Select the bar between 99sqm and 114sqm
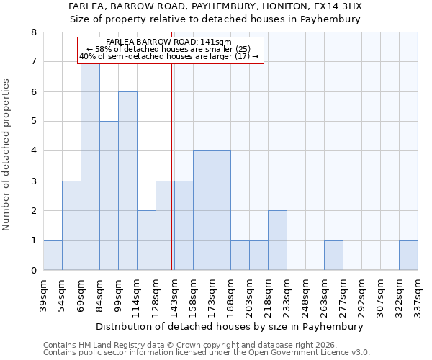click(127, 181)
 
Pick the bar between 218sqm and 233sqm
click(277, 240)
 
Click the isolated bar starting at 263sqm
click(333, 256)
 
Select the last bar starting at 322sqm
click(408, 256)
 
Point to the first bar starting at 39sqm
click(53, 256)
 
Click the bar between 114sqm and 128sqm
click(146, 240)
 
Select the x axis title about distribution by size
click(230, 326)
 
